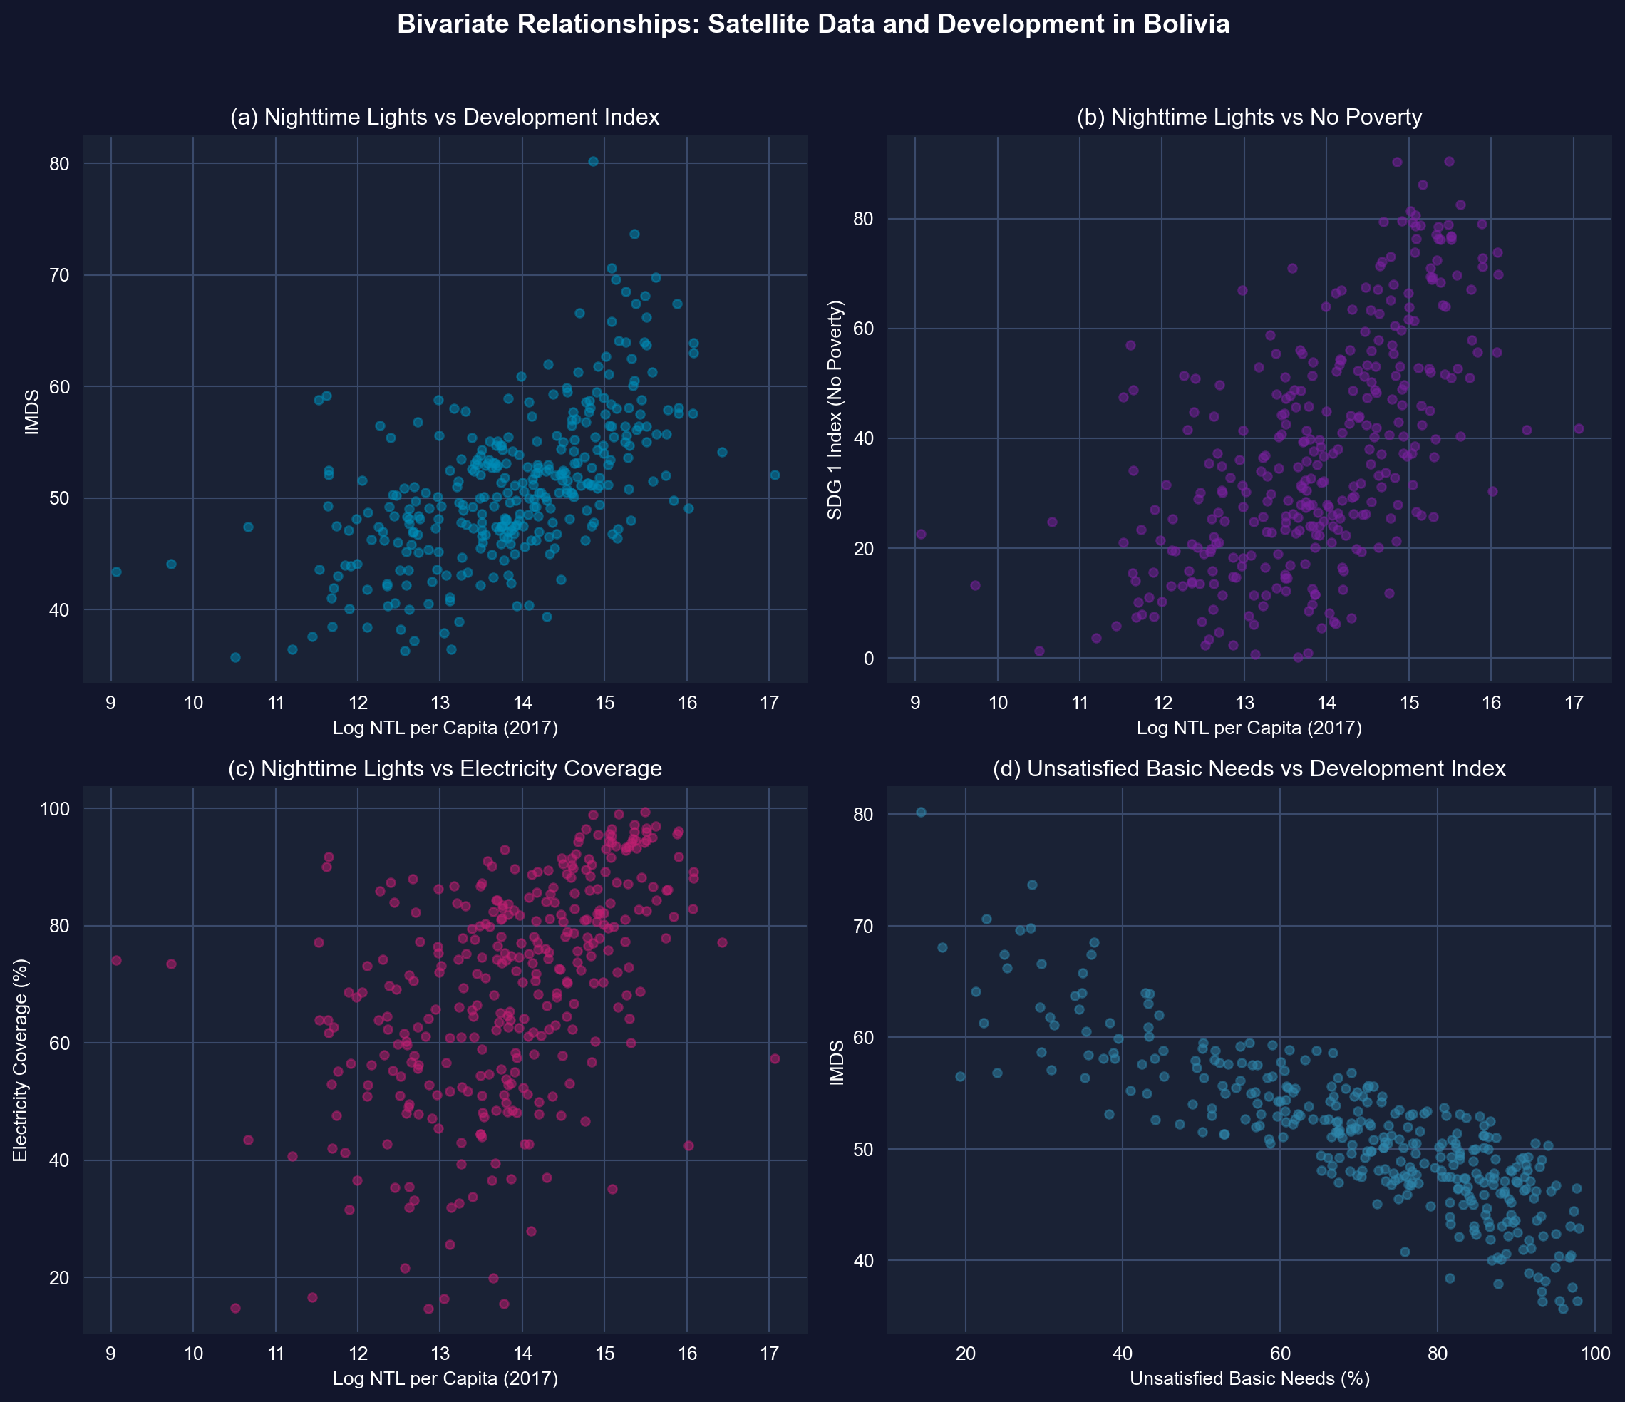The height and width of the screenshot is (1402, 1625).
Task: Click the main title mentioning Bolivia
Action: pos(813,25)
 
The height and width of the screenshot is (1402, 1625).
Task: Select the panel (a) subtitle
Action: pos(445,118)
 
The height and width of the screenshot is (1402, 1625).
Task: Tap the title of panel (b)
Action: pos(1249,118)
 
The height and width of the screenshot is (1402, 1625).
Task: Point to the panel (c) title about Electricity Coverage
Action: pos(445,768)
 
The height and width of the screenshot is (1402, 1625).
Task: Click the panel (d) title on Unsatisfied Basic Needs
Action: pos(1249,768)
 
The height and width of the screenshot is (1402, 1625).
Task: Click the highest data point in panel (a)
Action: pos(593,162)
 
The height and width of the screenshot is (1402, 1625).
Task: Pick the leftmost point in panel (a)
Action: pos(116,572)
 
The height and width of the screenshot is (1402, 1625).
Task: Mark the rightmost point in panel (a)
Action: pos(775,475)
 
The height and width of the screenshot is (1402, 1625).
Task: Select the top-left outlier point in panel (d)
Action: pos(921,812)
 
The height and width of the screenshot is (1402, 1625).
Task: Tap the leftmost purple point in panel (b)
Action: pos(921,534)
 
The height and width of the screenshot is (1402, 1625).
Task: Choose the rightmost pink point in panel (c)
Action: pos(775,1058)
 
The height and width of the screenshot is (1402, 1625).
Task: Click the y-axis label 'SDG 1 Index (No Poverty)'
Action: pos(835,409)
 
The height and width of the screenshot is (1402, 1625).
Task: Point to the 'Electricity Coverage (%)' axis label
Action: pos(21,1059)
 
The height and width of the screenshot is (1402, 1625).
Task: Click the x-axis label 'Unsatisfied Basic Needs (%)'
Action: pos(1249,1378)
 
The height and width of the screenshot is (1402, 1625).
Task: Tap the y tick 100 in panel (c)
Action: pos(55,808)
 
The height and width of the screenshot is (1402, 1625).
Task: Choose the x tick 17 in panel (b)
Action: pos(1573,703)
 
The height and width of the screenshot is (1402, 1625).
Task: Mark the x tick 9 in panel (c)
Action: pos(111,1354)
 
